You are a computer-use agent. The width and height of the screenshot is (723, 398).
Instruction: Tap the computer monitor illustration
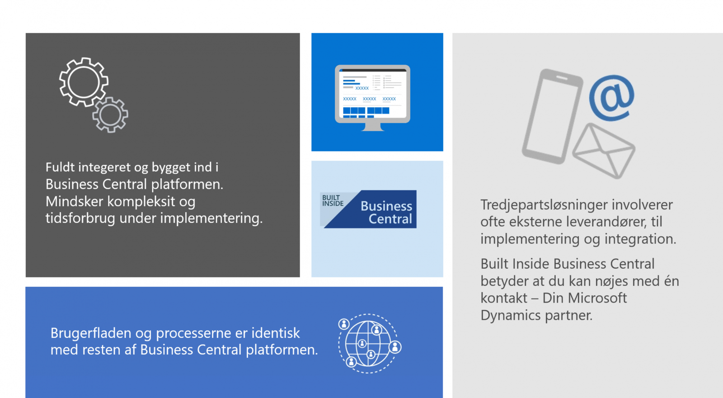[372, 98]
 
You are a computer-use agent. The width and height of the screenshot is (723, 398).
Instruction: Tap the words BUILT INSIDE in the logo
[333, 201]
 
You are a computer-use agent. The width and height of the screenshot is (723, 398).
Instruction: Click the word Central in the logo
[390, 219]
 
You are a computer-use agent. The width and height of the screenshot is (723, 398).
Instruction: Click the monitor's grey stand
[372, 127]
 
